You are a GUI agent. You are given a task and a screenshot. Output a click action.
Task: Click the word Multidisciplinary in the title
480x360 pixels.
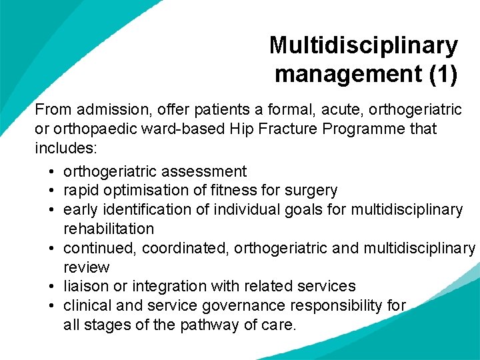pyautogui.click(x=363, y=45)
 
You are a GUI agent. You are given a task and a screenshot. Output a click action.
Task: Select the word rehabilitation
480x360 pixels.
pyautogui.click(x=109, y=229)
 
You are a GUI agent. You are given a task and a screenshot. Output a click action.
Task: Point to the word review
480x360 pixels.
pyautogui.click(x=86, y=267)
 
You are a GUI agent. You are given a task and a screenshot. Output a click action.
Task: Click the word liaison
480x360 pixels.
pyautogui.click(x=83, y=286)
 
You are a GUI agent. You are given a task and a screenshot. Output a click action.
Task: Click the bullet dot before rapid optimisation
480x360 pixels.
pyautogui.click(x=52, y=191)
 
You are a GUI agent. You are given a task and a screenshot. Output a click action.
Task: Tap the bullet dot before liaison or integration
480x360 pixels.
pyautogui.click(x=52, y=287)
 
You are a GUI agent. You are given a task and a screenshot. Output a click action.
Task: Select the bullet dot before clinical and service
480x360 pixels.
pyautogui.click(x=52, y=306)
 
